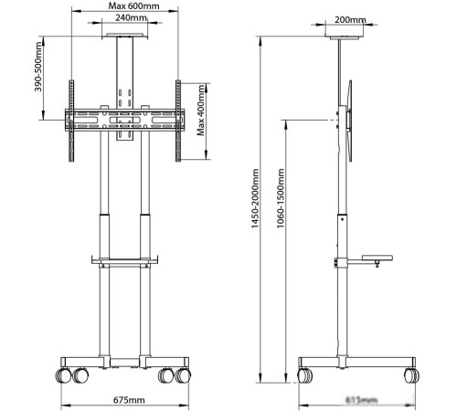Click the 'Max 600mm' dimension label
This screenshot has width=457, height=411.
tap(128, 5)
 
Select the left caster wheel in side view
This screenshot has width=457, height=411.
tap(305, 374)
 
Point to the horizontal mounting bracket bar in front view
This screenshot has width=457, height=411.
tap(122, 119)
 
